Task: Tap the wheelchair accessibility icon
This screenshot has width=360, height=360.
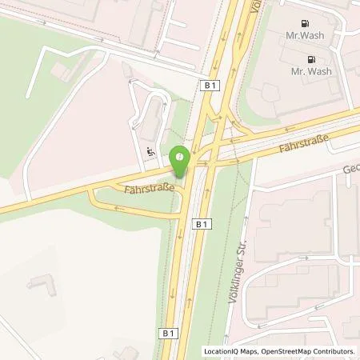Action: pyautogui.click(x=150, y=151)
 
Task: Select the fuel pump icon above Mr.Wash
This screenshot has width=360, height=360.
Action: pyautogui.click(x=304, y=24)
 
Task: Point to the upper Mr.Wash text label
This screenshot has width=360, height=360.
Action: pyautogui.click(x=306, y=36)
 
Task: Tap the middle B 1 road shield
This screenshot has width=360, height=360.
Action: pyautogui.click(x=201, y=226)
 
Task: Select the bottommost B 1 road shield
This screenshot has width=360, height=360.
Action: pyautogui.click(x=168, y=332)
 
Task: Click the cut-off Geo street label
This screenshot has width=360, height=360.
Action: pyautogui.click(x=351, y=170)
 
